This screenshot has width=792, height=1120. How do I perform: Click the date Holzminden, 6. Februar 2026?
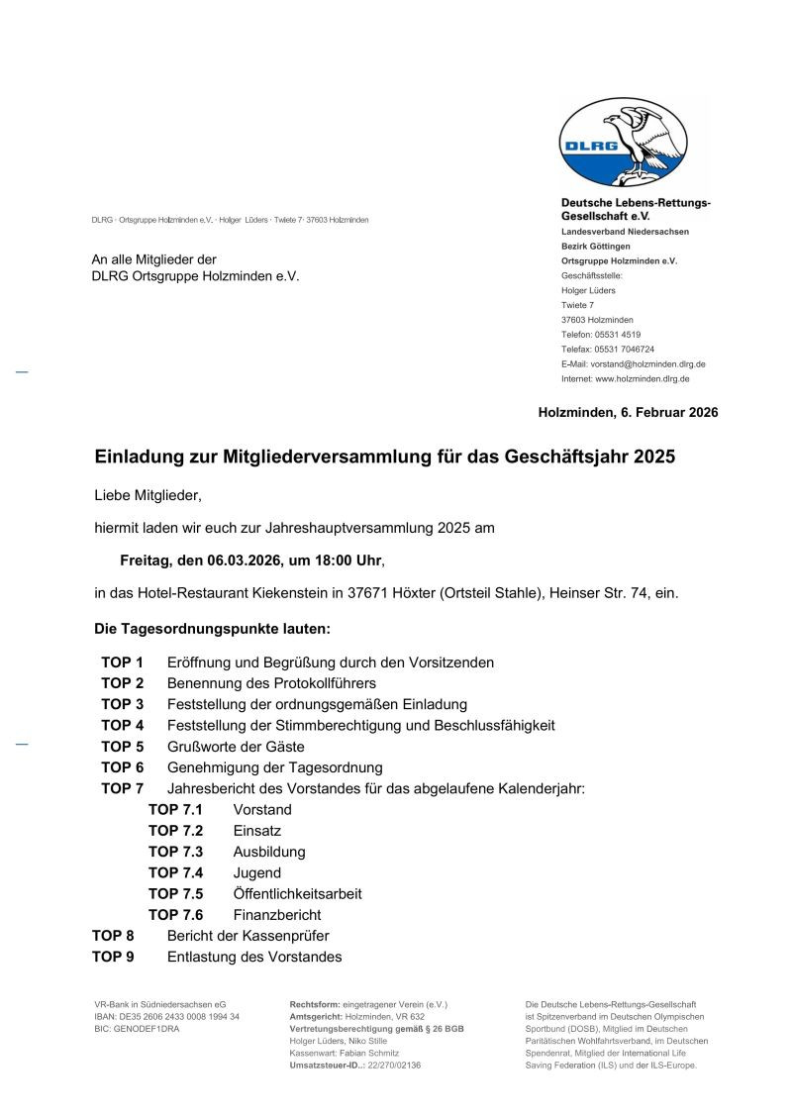tap(628, 412)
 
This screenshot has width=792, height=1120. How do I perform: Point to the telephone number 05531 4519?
tap(617, 335)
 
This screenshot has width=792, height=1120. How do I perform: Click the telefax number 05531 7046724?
tap(623, 350)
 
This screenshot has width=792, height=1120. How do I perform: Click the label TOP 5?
tap(122, 747)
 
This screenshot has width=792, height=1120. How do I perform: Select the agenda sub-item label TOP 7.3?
tap(175, 852)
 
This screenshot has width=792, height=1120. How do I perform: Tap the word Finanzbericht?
tap(277, 915)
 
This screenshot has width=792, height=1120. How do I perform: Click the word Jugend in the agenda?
tap(257, 872)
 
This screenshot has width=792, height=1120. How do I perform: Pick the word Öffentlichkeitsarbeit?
tap(297, 893)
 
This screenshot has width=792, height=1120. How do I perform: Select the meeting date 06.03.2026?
tap(241, 560)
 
